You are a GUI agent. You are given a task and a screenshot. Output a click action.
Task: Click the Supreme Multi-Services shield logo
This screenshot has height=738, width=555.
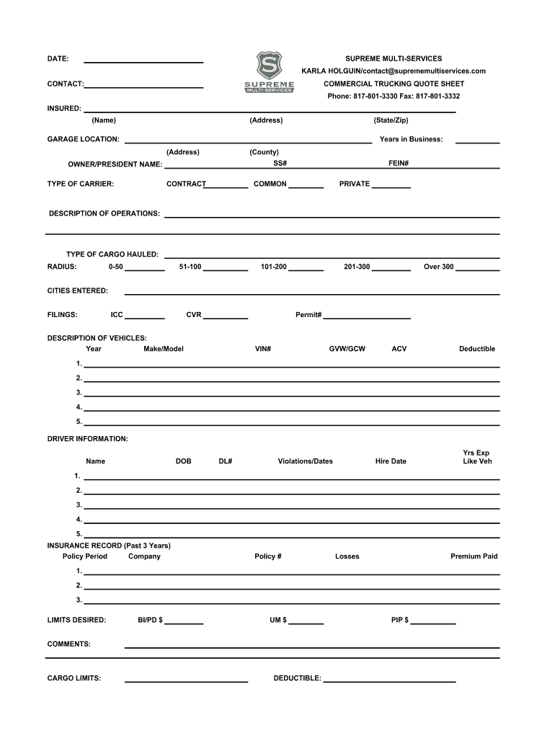[269, 72]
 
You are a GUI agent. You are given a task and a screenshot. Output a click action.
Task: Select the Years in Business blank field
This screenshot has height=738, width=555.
[477, 140]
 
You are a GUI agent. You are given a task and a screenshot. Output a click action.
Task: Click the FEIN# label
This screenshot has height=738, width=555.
[399, 164]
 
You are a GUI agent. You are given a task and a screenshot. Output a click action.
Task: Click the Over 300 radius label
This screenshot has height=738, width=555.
[438, 267]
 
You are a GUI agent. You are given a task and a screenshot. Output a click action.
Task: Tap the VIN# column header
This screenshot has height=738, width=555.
[262, 349]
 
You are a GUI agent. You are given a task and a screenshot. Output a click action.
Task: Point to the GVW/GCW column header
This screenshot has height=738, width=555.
[347, 349]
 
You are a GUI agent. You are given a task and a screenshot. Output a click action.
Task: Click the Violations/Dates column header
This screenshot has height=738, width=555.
[305, 461]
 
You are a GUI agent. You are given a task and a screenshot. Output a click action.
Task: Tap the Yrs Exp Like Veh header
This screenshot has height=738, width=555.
[476, 457]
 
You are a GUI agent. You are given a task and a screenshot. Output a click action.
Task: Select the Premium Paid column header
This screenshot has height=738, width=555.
[474, 556]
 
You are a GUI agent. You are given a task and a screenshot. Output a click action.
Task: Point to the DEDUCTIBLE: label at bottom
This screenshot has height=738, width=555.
[297, 678]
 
